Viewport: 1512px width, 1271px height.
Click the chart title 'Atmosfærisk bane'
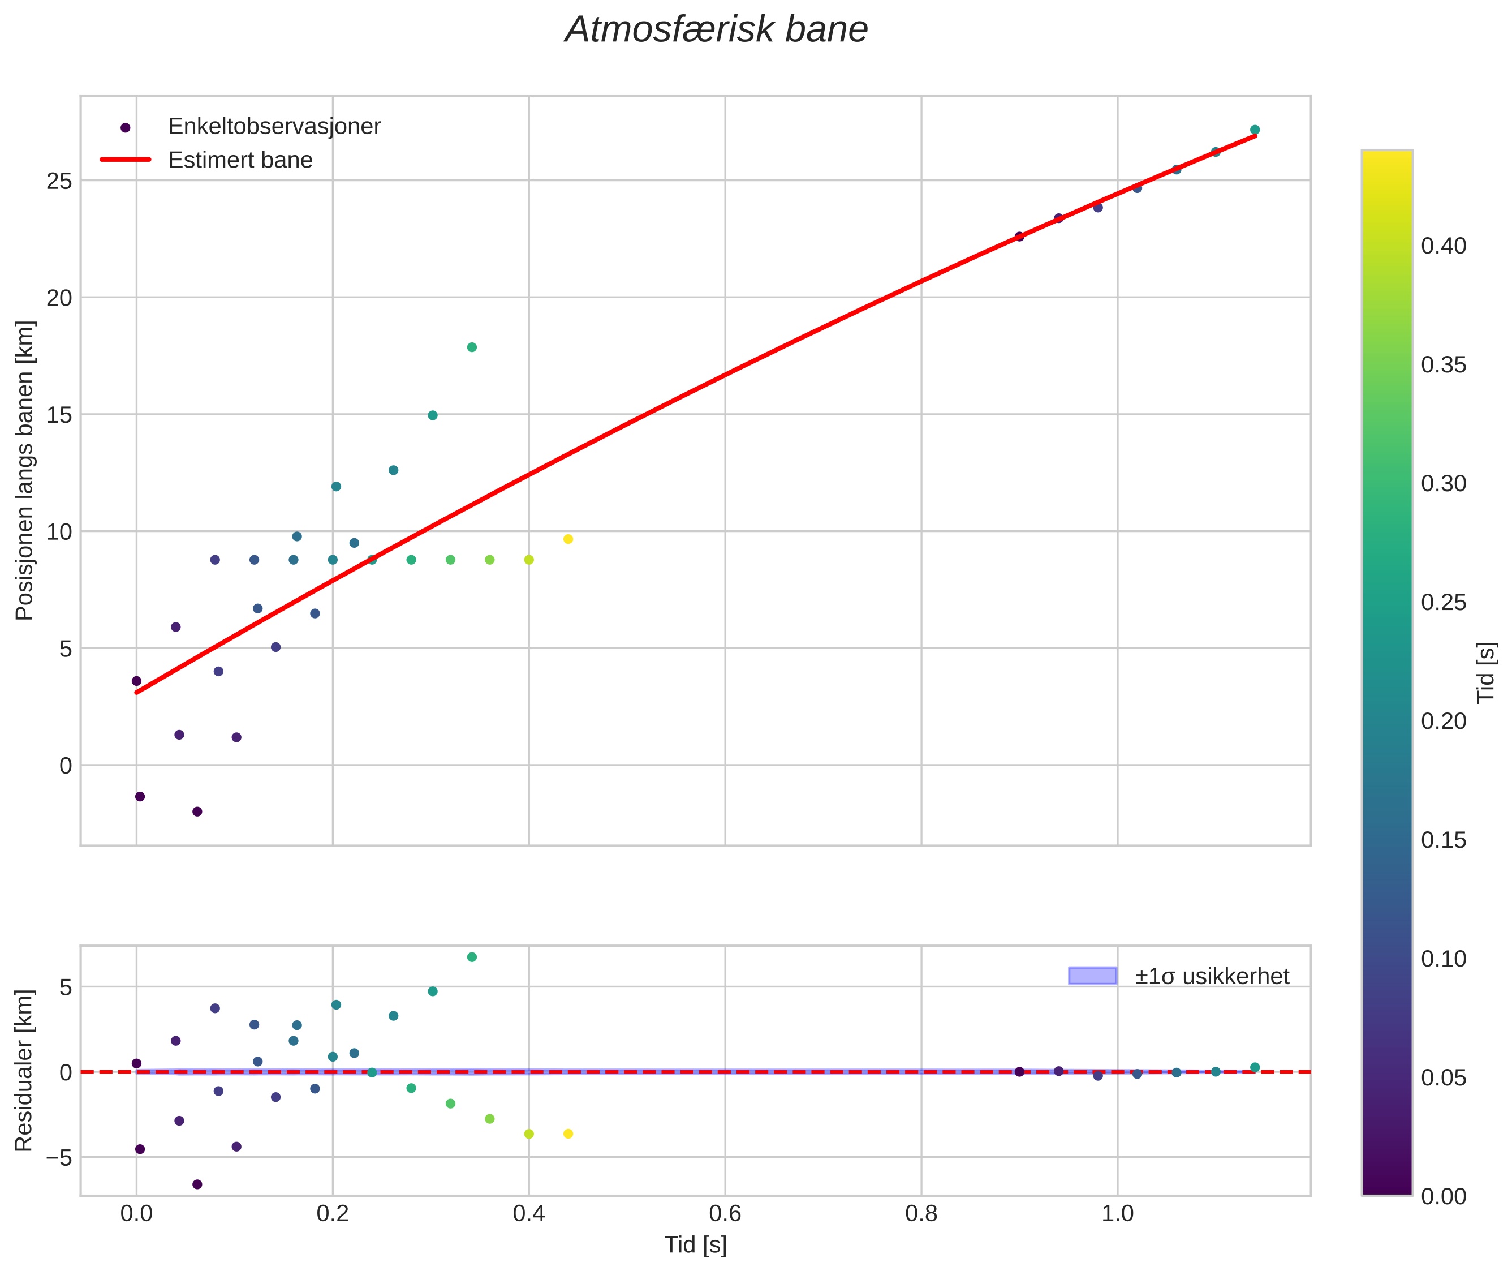[x=716, y=30]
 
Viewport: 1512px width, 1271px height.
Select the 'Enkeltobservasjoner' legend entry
[x=274, y=127]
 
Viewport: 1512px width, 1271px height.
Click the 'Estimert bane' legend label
[x=240, y=160]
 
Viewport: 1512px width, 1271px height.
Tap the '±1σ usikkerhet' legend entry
[x=1211, y=976]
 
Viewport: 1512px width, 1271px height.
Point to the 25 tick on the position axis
[x=59, y=181]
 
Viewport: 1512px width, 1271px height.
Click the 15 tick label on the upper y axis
[x=59, y=415]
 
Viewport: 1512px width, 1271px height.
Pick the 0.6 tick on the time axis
[x=725, y=1213]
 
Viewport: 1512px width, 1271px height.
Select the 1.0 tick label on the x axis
[x=1117, y=1213]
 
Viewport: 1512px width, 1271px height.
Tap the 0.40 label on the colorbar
[x=1443, y=246]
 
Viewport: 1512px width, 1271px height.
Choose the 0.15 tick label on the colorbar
[x=1443, y=840]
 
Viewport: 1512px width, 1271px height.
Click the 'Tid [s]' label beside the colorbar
[x=1485, y=672]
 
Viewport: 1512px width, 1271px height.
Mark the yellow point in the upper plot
[x=567, y=539]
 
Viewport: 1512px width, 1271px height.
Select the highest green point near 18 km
[x=472, y=347]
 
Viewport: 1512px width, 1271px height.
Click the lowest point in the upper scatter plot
[x=197, y=811]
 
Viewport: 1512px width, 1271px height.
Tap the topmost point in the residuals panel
[x=472, y=957]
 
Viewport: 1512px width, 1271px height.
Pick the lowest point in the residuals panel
[x=197, y=1184]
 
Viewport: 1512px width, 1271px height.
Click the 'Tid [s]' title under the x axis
[x=695, y=1244]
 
